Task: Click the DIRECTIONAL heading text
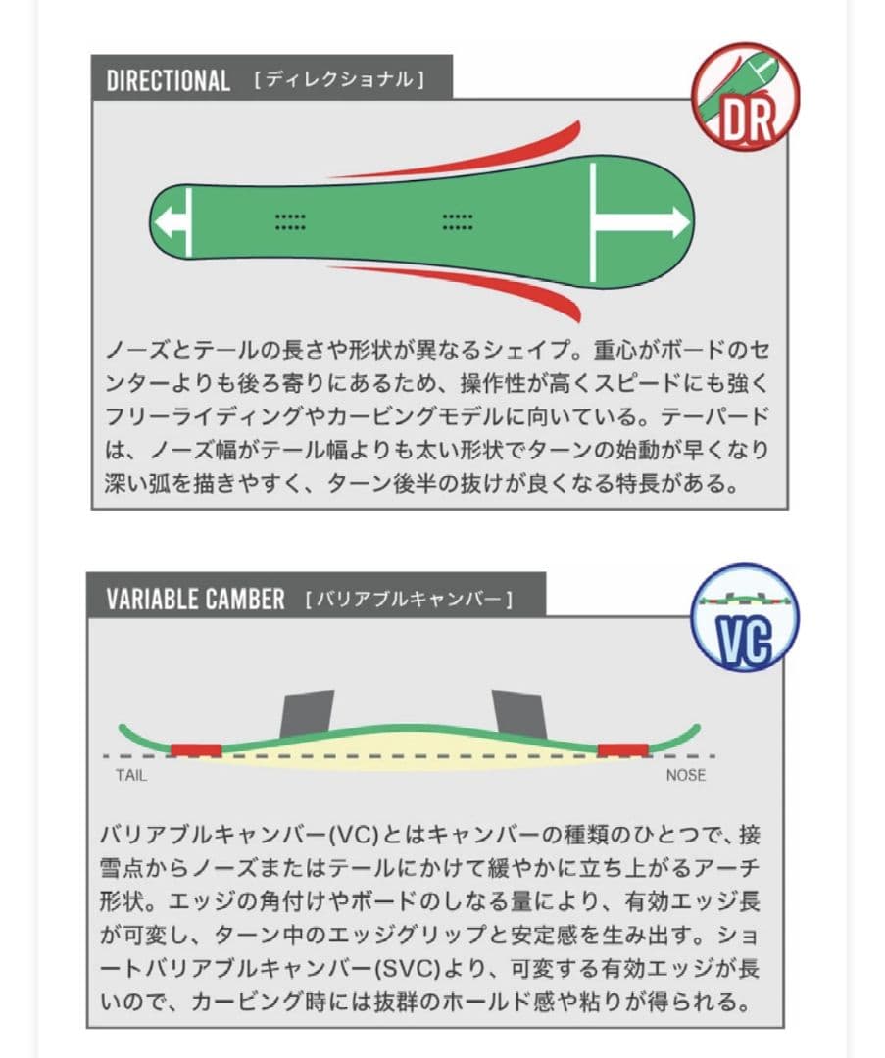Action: (x=169, y=80)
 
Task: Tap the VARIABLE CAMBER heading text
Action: (x=195, y=600)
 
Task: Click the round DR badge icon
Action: (x=745, y=96)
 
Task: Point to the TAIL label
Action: (x=131, y=775)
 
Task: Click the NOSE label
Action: (x=686, y=775)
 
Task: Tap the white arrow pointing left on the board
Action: (x=172, y=222)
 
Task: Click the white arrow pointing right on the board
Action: (x=640, y=222)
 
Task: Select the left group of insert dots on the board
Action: (x=291, y=222)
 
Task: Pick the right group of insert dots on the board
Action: (x=458, y=222)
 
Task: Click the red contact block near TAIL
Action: (x=196, y=750)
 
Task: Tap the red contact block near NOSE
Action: (x=623, y=750)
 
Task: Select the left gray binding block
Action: (x=307, y=714)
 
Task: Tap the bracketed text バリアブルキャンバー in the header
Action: (x=409, y=600)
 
